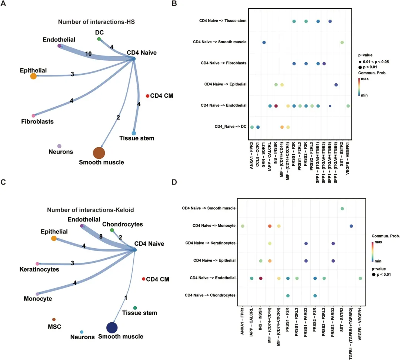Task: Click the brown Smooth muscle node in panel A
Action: click(99, 152)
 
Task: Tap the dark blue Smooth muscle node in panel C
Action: click(112, 328)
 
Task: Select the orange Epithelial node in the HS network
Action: click(33, 76)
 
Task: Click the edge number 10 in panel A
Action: click(88, 54)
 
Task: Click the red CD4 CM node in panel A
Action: click(148, 96)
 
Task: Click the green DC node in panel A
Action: click(99, 39)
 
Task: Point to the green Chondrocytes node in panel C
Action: click(112, 230)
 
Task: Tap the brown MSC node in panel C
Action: click(54, 319)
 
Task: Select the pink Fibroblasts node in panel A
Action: click(33, 116)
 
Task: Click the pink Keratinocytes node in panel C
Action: click(37, 263)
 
